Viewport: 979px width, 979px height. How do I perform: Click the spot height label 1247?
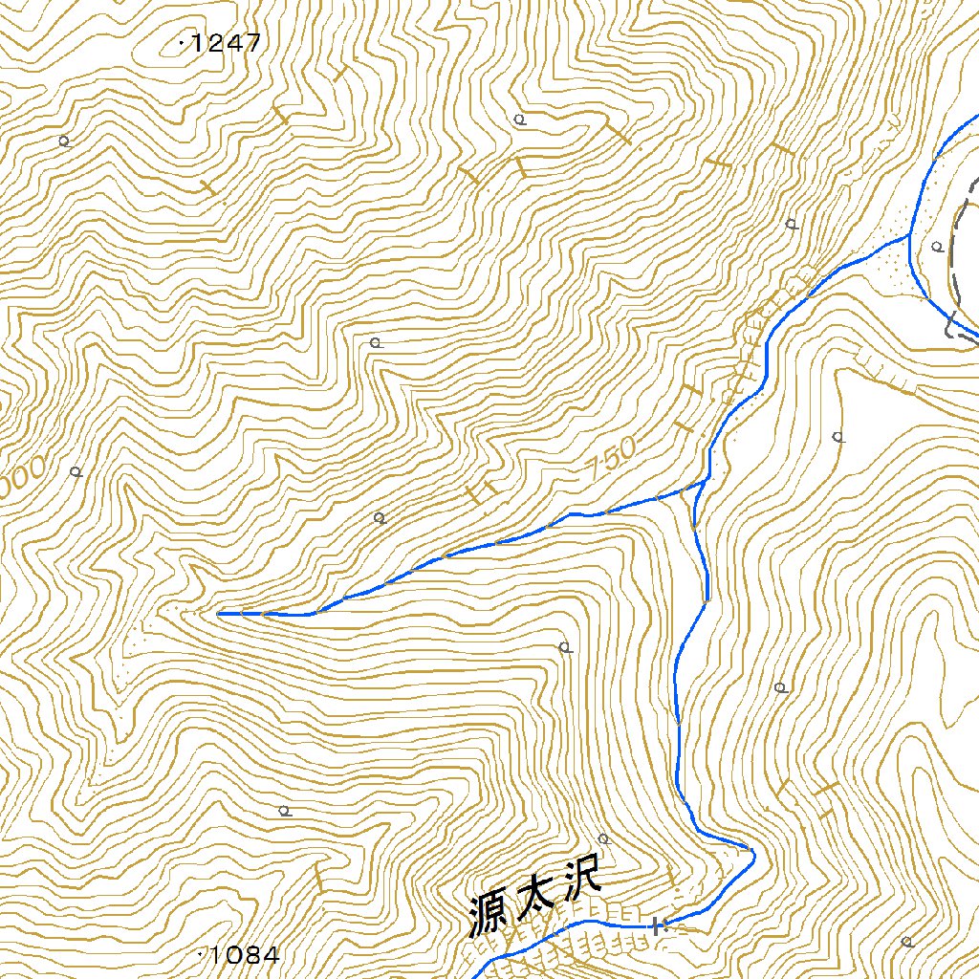coord(227,43)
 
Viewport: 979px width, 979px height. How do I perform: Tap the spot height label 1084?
coord(246,954)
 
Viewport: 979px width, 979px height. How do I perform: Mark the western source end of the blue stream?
coord(220,614)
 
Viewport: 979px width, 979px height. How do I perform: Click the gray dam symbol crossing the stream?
coord(656,925)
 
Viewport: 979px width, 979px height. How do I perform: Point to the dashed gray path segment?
coord(956,258)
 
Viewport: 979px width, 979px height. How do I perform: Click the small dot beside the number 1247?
coord(182,42)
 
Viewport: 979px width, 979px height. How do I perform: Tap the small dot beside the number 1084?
coord(200,953)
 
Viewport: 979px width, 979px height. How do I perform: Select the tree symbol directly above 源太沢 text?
coord(603,838)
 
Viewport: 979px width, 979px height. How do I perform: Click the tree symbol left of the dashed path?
coord(938,247)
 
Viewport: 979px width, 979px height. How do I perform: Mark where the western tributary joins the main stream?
coord(705,484)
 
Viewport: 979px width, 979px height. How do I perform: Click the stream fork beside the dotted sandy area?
coord(909,237)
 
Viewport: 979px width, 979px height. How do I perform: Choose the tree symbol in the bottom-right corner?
coord(906,942)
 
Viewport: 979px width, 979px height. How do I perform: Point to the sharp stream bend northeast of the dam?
coord(752,851)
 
